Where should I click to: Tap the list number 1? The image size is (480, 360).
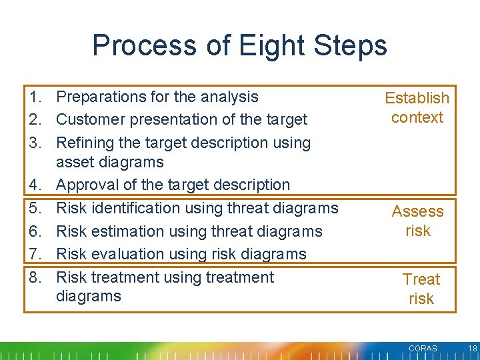point(37,97)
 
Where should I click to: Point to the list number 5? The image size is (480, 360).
point(37,208)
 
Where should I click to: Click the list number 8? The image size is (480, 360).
point(37,277)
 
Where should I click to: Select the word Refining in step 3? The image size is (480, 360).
point(83,143)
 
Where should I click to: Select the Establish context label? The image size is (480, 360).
point(417,107)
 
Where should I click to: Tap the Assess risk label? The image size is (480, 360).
point(418,221)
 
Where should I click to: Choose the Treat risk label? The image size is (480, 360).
point(421,289)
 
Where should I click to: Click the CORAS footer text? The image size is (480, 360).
point(423,349)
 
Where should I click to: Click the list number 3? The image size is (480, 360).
point(37,143)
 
